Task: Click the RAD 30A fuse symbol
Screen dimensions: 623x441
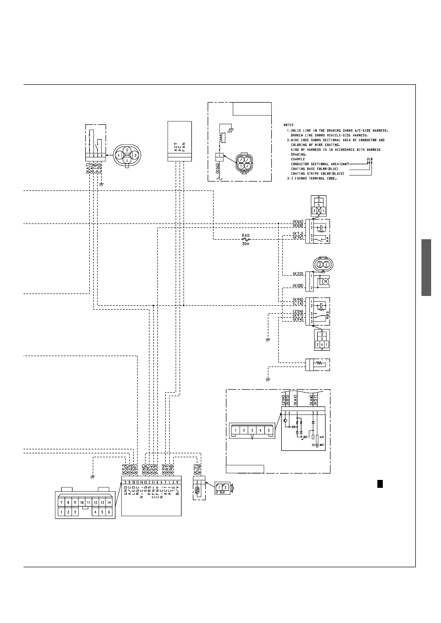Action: tap(245, 239)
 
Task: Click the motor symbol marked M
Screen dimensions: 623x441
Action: tap(326, 281)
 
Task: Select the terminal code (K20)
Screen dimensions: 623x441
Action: tap(298, 273)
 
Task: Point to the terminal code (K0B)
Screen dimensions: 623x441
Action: tap(298, 286)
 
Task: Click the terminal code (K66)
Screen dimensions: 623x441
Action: tap(298, 221)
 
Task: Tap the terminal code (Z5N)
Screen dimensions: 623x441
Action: tap(298, 311)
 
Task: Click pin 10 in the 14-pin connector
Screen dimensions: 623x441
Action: tap(82, 502)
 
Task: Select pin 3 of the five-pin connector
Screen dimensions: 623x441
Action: tap(252, 430)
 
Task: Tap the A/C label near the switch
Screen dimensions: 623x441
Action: tap(322, 437)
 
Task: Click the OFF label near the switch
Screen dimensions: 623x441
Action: tap(322, 445)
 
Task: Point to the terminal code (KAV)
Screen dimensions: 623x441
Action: tap(295, 399)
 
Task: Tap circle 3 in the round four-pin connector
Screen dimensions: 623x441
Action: tap(135, 155)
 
